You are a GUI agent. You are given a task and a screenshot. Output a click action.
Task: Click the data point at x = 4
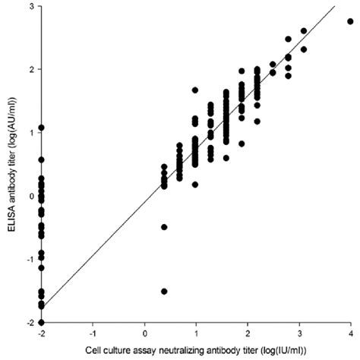(x=349, y=21)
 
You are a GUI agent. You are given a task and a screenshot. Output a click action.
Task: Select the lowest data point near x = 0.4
(x=164, y=291)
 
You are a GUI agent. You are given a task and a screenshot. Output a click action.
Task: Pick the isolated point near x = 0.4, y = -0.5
(x=164, y=227)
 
